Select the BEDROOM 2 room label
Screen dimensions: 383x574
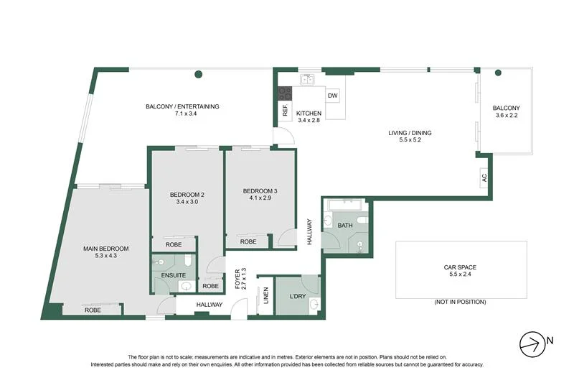click(187, 195)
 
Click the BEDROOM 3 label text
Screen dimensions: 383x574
click(260, 190)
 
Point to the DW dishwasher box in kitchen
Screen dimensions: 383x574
click(332, 96)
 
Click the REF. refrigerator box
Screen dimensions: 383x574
click(285, 111)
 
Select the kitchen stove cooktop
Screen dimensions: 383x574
click(285, 93)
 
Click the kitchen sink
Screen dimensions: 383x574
click(309, 80)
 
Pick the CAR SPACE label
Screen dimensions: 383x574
click(460, 267)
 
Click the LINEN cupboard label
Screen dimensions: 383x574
click(265, 295)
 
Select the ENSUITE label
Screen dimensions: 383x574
click(174, 275)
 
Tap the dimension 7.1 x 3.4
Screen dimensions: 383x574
click(182, 114)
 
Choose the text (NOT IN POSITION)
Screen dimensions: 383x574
click(460, 302)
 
